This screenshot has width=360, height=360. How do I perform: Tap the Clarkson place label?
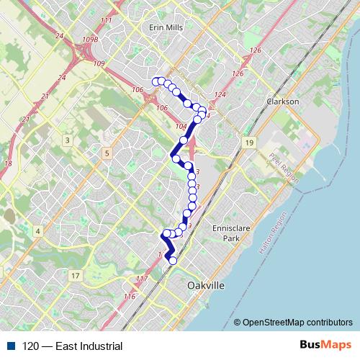[282, 102]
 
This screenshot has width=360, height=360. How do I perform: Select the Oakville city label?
[205, 286]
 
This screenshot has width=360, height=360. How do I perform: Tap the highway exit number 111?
[107, 20]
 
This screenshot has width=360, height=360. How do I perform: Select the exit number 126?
[256, 50]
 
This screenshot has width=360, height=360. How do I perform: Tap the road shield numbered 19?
[248, 143]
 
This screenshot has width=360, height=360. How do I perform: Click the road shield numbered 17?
[76, 276]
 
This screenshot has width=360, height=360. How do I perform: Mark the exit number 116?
[130, 296]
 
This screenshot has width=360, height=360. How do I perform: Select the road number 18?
[8, 164]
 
